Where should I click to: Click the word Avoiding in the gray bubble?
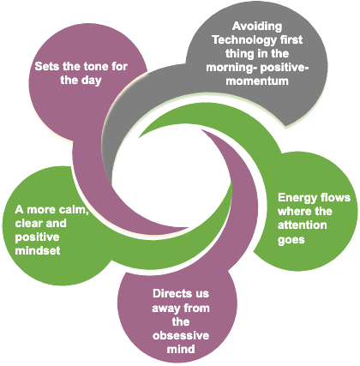pyautogui.click(x=257, y=27)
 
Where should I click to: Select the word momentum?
pyautogui.click(x=257, y=81)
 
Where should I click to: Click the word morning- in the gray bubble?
pyautogui.click(x=231, y=68)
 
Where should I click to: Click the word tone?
pyautogui.click(x=95, y=66)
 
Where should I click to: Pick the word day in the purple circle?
pyautogui.click(x=91, y=81)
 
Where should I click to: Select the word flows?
pyautogui.click(x=335, y=197)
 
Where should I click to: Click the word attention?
pyautogui.click(x=303, y=225)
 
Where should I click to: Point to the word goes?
pyautogui.click(x=291, y=240)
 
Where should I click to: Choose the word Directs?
pyautogui.click(x=169, y=293)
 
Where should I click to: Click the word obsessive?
pyautogui.click(x=181, y=335)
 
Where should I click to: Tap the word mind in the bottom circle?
pyautogui.click(x=181, y=349)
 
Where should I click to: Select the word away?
pyautogui.click(x=165, y=309)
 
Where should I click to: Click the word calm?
pyautogui.click(x=73, y=210)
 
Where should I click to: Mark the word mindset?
pyautogui.click(x=38, y=251)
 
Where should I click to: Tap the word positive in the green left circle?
pyautogui.click(x=37, y=237)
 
